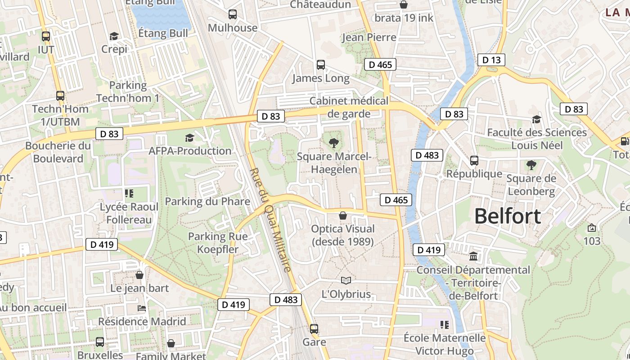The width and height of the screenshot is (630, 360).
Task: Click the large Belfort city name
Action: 508,216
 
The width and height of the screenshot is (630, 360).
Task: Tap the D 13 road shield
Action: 491,60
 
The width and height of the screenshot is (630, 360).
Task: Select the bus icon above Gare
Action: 314,329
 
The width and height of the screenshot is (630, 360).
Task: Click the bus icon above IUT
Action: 46,36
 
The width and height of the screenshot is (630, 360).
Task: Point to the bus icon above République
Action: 474,161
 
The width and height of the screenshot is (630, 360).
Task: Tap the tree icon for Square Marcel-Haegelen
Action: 333,144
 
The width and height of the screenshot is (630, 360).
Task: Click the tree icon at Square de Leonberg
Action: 531,165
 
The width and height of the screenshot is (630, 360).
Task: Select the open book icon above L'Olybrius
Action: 346,281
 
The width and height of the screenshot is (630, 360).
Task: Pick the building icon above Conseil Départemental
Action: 473,256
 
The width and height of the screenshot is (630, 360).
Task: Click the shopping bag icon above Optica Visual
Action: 343,216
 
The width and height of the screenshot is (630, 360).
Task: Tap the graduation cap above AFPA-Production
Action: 190,138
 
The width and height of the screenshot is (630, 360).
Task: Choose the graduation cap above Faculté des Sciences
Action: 536,119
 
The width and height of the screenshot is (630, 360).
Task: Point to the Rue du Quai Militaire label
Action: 270,220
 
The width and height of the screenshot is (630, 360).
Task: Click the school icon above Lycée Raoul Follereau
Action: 129,193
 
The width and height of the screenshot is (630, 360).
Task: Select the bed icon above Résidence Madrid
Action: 142,308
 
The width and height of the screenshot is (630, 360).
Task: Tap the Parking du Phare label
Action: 207,201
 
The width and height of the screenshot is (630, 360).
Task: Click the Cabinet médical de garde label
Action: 349,107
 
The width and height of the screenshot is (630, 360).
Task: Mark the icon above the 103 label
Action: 591,228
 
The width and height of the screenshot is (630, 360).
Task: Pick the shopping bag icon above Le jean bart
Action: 139,275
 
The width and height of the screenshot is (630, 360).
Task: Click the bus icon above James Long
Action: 320,65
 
